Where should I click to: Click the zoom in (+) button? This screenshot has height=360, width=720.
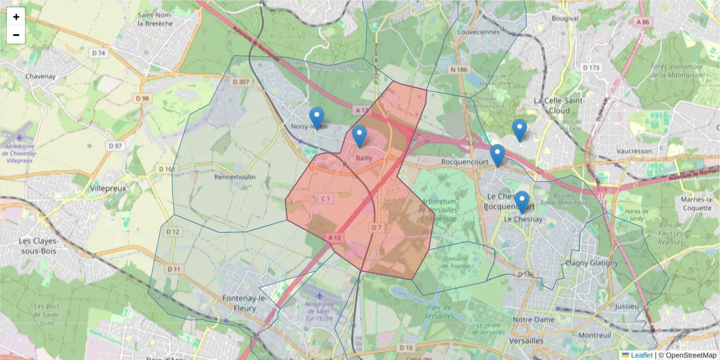click(16, 17)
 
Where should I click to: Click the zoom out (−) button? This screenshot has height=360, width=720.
click(16, 35)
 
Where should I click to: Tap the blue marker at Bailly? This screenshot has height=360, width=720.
click(359, 137)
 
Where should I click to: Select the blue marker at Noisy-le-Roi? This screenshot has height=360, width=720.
click(316, 118)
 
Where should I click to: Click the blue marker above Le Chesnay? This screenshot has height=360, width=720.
click(522, 202)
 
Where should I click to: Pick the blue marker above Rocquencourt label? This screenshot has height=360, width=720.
click(497, 155)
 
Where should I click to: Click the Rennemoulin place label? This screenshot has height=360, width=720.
click(235, 177)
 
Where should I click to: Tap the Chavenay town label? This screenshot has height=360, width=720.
click(40, 77)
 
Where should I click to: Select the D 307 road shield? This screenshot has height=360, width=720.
click(241, 82)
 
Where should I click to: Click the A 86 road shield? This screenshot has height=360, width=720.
click(643, 22)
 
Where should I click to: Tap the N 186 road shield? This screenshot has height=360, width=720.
click(459, 70)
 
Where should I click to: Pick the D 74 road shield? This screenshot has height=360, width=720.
click(98, 53)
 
